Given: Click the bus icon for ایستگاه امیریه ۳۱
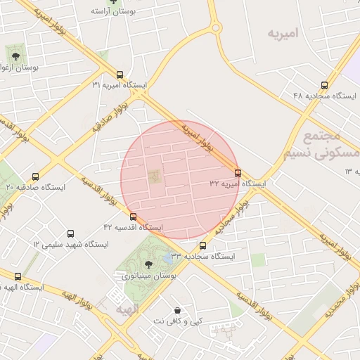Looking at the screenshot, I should [x=119, y=74].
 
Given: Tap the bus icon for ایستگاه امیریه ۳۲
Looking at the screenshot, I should [x=238, y=172].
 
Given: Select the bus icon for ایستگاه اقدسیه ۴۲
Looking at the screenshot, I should [x=133, y=217].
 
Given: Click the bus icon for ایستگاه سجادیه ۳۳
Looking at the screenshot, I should [x=202, y=245].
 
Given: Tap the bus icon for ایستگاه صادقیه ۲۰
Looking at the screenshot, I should [x=35, y=176].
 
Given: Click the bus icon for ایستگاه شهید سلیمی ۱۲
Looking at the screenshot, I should [x=70, y=233].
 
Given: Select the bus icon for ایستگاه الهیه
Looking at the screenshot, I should [x=18, y=276].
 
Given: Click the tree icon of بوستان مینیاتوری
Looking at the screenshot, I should [x=148, y=265].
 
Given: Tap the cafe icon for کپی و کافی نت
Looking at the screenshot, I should [x=177, y=309].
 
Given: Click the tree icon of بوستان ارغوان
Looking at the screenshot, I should [x=13, y=53].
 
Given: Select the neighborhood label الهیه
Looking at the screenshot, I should [x=127, y=309].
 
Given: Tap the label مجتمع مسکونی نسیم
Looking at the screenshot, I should [x=320, y=144].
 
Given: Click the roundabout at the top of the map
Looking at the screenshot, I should [x=216, y=29].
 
